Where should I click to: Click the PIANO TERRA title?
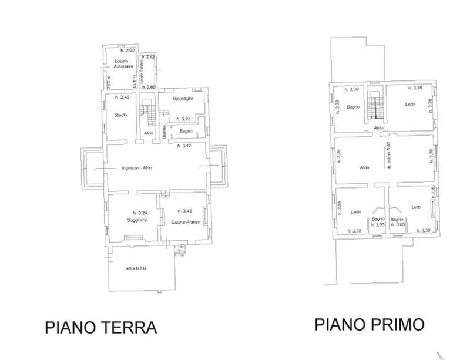click(x=101, y=327)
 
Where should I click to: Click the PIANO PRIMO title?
click(x=369, y=324)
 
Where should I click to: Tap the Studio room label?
click(x=121, y=115)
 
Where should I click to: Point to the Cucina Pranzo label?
click(x=186, y=221)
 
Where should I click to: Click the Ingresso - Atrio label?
click(x=137, y=169)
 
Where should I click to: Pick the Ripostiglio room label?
click(x=183, y=99)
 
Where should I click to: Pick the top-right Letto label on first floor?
click(x=410, y=104)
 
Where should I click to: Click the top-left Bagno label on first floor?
click(x=352, y=107)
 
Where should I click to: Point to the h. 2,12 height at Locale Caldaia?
click(x=150, y=56)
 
